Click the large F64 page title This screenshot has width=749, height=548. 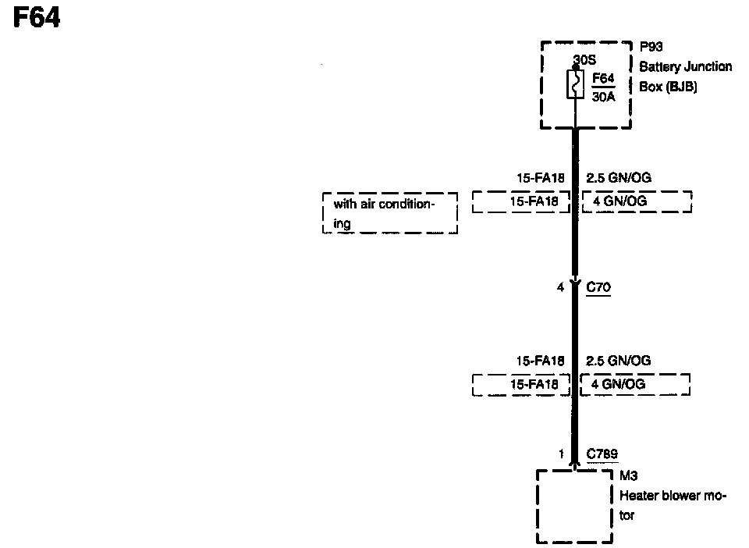tap(37, 18)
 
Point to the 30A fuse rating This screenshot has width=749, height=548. tap(605, 99)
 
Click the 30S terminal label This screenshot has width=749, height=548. tap(585, 59)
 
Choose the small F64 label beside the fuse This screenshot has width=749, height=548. tap(604, 78)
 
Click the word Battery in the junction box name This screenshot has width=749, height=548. tap(660, 67)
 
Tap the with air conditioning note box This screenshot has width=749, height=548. tap(389, 213)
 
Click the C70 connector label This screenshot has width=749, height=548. tap(598, 288)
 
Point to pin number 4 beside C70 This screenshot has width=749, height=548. tap(559, 288)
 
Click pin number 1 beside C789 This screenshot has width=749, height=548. tap(560, 454)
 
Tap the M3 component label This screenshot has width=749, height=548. tap(628, 475)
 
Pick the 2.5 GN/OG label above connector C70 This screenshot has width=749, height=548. tap(618, 178)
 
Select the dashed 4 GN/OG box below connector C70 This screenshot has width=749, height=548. tap(635, 385)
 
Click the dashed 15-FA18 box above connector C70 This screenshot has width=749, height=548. tap(521, 201)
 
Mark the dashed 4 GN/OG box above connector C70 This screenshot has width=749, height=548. tap(637, 201)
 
